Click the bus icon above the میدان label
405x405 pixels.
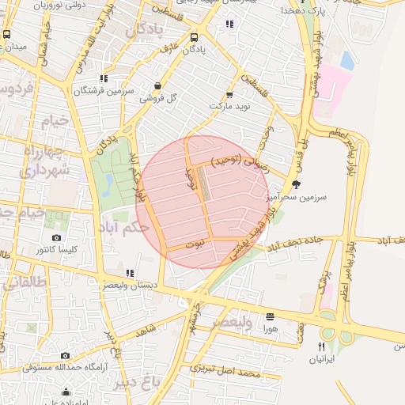pos(7,35)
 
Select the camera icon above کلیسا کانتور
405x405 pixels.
pos(56,238)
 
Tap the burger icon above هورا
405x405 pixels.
pos(270,316)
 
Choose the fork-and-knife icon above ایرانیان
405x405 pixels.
pos(321,346)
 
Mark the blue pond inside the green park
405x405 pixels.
pos(108,184)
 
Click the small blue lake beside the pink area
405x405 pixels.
pos(346,60)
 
